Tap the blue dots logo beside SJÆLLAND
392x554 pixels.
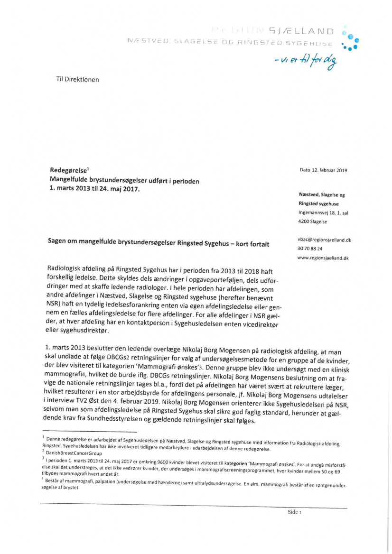pyautogui.click(x=350, y=39)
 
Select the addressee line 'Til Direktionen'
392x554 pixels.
pyautogui.click(x=77, y=80)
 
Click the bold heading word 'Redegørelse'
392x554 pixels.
pyautogui.click(x=66, y=170)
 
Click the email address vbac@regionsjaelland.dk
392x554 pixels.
pyautogui.click(x=325, y=240)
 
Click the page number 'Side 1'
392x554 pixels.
pyautogui.click(x=294, y=512)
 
